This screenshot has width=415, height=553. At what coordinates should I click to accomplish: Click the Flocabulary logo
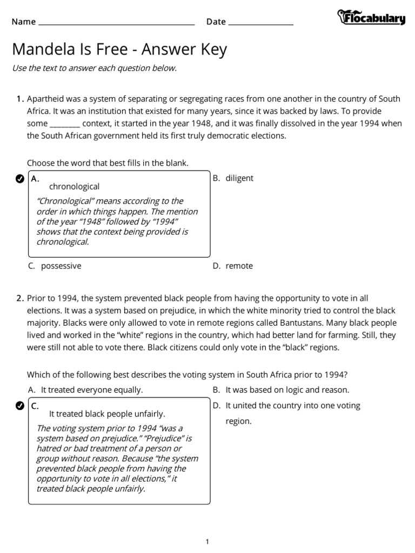[x=371, y=18]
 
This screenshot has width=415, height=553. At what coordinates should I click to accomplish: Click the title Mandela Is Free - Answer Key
[x=119, y=50]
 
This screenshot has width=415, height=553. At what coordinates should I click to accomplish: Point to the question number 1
[x=20, y=99]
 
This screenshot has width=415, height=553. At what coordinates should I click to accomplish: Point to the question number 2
[x=20, y=298]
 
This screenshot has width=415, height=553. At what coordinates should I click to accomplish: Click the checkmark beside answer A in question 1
[x=19, y=179]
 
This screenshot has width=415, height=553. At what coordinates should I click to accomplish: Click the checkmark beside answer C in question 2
[x=19, y=406]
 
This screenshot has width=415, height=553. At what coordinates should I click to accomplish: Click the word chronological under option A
[x=75, y=187]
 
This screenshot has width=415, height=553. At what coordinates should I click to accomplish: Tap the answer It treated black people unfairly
[x=107, y=414]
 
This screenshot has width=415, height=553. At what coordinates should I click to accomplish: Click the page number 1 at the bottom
[x=207, y=542]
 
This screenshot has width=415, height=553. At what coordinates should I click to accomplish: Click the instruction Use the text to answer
[x=94, y=68]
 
